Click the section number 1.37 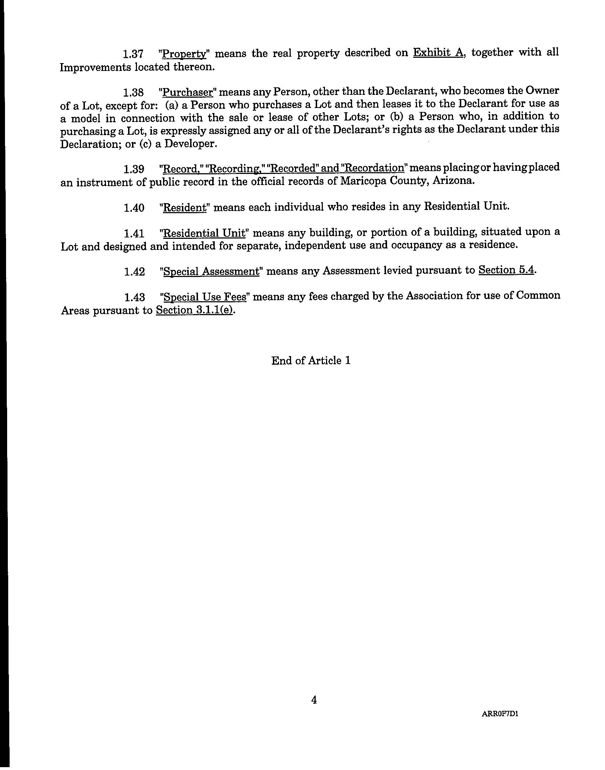[133, 54]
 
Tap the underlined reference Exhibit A [438, 52]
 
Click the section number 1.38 [133, 93]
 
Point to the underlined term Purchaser [187, 92]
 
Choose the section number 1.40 [134, 207]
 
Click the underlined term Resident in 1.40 [184, 207]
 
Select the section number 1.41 [134, 233]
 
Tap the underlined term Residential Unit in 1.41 [204, 233]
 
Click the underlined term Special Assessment [211, 272]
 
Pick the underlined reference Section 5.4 [506, 270]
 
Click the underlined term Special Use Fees [204, 297]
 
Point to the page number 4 [314, 700]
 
